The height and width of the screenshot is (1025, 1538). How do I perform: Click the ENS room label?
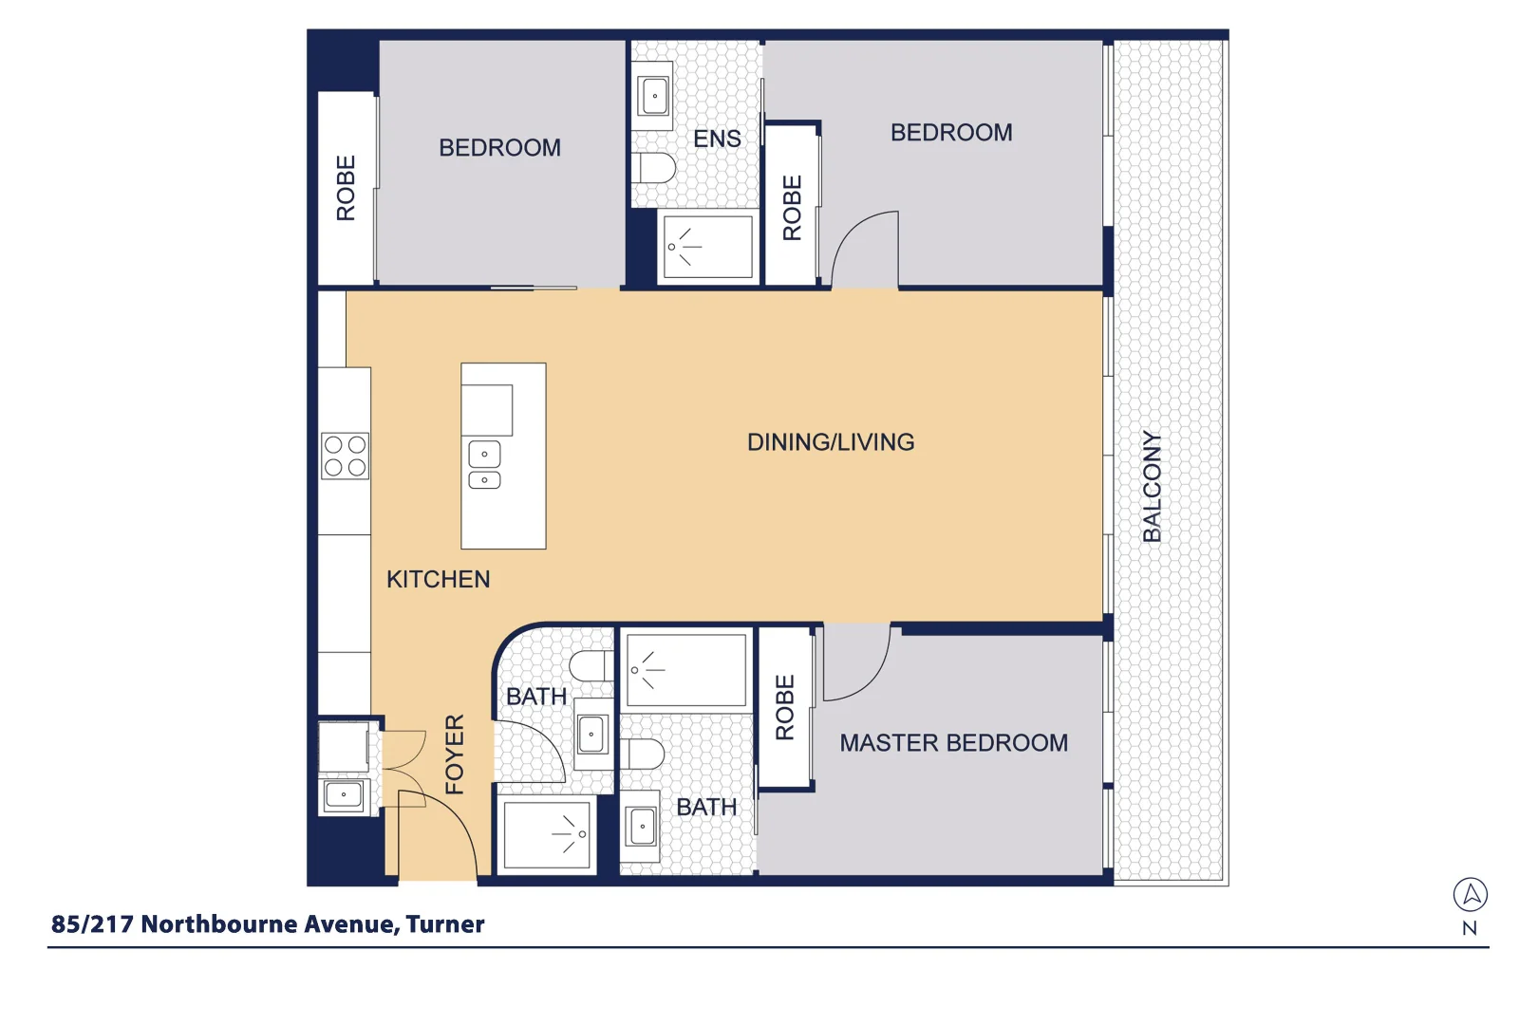point(717,139)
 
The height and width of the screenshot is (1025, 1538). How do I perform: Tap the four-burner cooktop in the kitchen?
point(345,456)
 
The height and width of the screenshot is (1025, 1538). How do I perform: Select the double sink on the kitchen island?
point(484,466)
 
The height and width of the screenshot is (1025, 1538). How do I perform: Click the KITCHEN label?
point(438,579)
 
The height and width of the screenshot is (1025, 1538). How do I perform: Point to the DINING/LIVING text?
point(831,442)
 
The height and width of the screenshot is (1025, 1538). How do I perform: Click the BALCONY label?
point(1152,487)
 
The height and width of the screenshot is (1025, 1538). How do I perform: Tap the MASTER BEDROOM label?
point(953,743)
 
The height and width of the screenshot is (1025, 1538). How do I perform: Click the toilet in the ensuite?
point(655,169)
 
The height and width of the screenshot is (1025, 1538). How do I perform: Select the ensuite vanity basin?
point(654,96)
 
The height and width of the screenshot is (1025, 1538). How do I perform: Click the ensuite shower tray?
point(707,247)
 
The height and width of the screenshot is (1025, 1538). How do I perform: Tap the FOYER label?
point(455,755)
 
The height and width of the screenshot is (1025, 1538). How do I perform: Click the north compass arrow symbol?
point(1470,894)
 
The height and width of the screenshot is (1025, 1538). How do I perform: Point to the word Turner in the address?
point(445,924)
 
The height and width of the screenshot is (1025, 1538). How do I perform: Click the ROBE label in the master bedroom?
point(784,708)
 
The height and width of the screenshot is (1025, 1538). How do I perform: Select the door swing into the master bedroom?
point(854,664)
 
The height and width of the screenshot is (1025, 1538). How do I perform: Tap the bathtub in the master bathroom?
point(686,670)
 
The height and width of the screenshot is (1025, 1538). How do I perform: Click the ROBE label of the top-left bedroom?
point(346,188)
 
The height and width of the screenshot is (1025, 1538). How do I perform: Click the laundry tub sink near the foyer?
point(343,794)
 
